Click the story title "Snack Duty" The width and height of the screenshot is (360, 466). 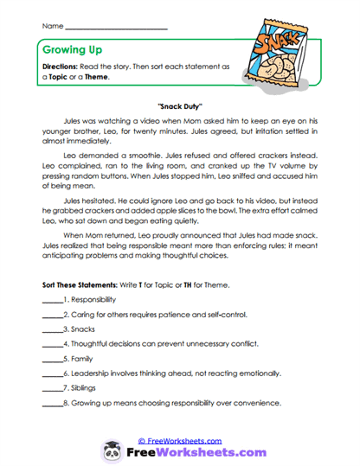[x=179, y=101]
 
